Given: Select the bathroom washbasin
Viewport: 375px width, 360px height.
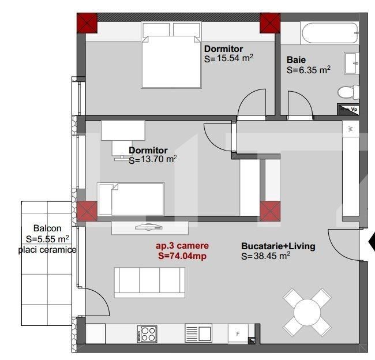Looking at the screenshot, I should click(351, 63).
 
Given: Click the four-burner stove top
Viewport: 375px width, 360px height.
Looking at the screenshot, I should click(147, 334).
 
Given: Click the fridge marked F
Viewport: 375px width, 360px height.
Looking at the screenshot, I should click(237, 334).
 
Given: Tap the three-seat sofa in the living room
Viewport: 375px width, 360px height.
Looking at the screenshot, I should click(149, 282).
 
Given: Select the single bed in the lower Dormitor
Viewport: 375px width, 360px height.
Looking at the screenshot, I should click(131, 199).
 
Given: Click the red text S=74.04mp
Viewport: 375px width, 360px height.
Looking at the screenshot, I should click(182, 256).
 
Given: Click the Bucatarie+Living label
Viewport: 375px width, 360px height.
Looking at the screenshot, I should click(278, 246).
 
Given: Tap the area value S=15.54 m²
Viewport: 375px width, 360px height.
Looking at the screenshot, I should click(229, 59).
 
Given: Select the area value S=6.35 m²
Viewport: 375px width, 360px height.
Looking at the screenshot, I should click(309, 70).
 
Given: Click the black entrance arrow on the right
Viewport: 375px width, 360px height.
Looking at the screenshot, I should click(371, 243).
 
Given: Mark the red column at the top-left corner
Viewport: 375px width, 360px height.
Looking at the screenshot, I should click(87, 23).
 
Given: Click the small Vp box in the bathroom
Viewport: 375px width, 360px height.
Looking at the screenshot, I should click(348, 108).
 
